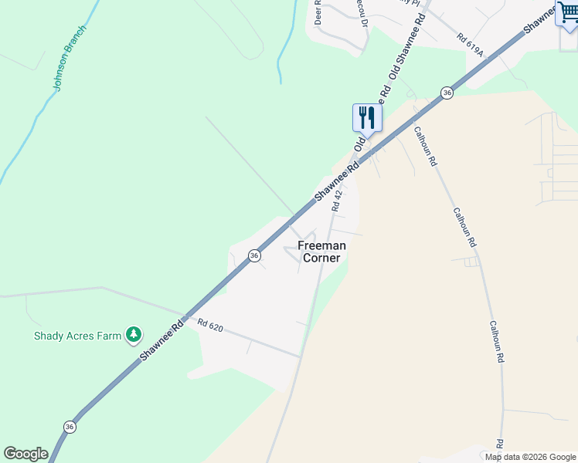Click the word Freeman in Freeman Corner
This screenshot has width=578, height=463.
coord(321,245)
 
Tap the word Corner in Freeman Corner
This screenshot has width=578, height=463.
coord(321,258)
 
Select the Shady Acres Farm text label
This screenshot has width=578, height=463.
coord(78,336)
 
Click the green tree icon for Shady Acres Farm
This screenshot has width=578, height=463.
coord(134,333)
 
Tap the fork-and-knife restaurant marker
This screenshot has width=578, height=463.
coord(367,118)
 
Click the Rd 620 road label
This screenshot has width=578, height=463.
coord(209,326)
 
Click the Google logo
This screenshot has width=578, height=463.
coord(25,454)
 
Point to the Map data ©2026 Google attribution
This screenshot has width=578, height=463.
coord(531,457)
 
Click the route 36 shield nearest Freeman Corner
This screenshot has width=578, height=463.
coord(253,255)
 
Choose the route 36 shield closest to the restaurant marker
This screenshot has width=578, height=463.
coord(447,93)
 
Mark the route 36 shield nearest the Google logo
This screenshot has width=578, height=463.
coord(70,427)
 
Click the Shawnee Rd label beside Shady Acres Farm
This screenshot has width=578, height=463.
coord(161,340)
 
